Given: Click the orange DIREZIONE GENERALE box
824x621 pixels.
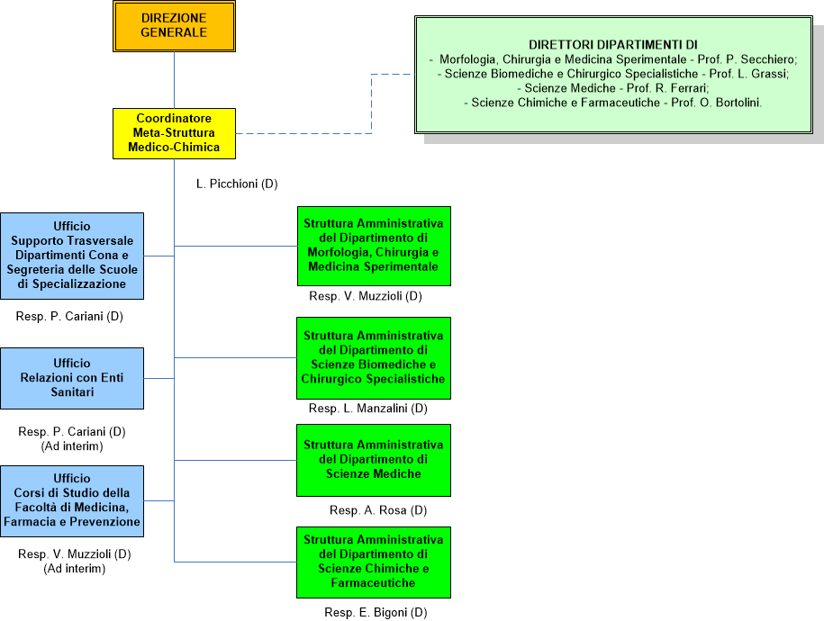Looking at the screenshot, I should coord(174,25).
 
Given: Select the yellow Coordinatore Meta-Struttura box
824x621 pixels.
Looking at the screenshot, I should coord(174,133).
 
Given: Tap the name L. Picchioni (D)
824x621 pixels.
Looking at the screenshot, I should coord(237,184).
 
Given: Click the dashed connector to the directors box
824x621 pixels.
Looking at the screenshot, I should coord(372,103).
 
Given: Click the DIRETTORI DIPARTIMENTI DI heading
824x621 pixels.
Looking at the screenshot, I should coord(613,44).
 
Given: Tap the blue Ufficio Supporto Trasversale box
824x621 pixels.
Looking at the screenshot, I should coord(72,256).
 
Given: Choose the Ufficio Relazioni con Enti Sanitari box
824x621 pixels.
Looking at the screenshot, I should coord(72,378).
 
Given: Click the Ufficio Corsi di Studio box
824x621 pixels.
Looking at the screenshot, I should coord(72,500).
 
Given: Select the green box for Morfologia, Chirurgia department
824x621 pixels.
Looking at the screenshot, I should coord(374,246).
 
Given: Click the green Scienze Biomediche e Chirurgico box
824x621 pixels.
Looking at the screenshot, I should coord(374,357).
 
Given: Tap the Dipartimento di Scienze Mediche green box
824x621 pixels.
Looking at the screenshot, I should coord(374,460).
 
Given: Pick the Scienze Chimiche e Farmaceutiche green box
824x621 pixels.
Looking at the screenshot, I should coord(374,562).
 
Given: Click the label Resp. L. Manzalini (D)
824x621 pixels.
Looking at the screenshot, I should coord(367,409).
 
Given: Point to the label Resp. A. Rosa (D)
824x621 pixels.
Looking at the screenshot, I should coord(377,510).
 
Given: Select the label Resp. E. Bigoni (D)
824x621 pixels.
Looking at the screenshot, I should coord(376,613).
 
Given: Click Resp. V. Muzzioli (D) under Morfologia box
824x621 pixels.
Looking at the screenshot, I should coord(365,296).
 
